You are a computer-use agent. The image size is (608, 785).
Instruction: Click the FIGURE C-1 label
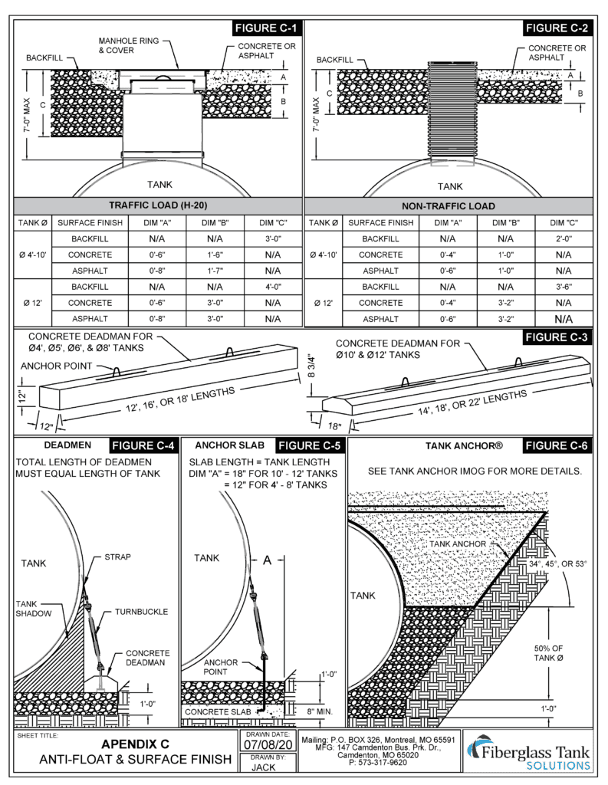[x=265, y=29]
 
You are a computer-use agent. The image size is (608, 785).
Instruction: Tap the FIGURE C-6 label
[x=557, y=445]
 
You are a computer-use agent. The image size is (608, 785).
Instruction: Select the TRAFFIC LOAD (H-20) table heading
[x=159, y=205]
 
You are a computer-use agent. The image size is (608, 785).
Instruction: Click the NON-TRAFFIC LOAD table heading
[x=449, y=205]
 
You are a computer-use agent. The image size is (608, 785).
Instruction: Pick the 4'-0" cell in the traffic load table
[x=272, y=287]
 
